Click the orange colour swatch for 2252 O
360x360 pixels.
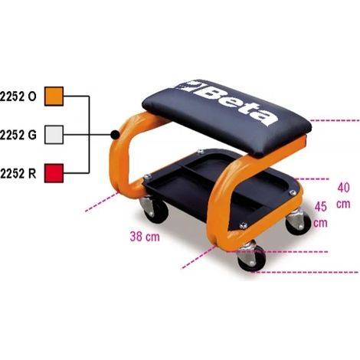point(54,97)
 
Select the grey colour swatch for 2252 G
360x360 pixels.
point(54,135)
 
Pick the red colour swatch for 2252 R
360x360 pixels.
point(54,173)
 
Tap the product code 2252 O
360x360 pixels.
point(18,97)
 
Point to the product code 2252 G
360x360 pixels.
point(18,135)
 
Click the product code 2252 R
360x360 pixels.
point(18,174)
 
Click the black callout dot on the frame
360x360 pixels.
point(116,134)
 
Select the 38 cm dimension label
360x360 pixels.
point(145,237)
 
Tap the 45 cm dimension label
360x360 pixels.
point(321,214)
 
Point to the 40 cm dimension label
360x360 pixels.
point(343,195)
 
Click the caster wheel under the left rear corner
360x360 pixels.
point(155,209)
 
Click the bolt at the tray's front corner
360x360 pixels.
point(243,225)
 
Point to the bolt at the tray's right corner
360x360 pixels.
point(293,192)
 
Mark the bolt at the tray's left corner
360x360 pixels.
point(146,176)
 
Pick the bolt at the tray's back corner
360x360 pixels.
point(200,152)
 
